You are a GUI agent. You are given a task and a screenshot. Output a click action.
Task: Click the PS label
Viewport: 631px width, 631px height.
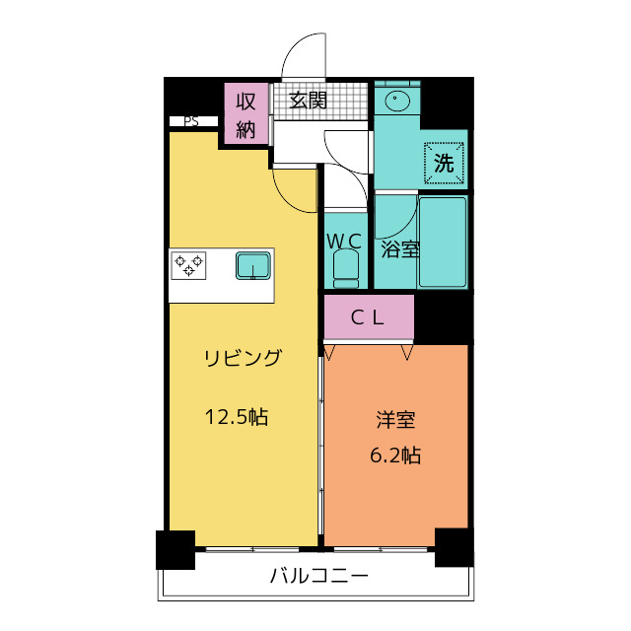click(x=191, y=121)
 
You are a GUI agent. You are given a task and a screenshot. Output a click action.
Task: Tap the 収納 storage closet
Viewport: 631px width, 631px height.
click(x=246, y=113)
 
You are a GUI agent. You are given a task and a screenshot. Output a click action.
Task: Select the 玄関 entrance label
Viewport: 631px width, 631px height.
click(x=308, y=100)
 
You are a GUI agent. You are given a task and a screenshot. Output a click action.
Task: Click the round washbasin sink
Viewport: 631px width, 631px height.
click(x=397, y=99)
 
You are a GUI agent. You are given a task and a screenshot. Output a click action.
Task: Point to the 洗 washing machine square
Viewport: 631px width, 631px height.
click(x=444, y=163)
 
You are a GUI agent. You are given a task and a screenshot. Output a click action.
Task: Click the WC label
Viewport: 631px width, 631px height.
click(x=344, y=242)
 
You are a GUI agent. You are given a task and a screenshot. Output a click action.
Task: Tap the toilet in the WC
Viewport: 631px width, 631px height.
click(x=346, y=269)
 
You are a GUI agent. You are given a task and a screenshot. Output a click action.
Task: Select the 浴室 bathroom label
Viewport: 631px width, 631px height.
click(x=400, y=249)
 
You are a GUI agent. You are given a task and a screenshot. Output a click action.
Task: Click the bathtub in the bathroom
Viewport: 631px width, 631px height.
click(x=443, y=242)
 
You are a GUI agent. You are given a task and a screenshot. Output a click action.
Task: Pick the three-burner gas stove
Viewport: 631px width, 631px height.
click(x=188, y=265)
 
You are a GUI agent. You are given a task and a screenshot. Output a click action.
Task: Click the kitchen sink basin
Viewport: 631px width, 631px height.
click(x=253, y=265)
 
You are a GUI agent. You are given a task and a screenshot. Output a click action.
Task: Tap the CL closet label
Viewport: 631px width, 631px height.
click(x=368, y=317)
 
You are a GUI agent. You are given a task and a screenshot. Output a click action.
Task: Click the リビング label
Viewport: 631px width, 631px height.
click(x=244, y=358)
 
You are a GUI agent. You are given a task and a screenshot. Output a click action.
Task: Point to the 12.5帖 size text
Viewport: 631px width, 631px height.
click(x=237, y=416)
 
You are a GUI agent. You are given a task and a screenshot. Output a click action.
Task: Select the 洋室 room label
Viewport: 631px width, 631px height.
click(x=395, y=419)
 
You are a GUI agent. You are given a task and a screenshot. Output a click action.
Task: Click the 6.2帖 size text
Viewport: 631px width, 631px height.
click(x=395, y=456)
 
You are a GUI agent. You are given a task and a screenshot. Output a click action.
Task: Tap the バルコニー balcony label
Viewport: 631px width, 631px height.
click(x=319, y=576)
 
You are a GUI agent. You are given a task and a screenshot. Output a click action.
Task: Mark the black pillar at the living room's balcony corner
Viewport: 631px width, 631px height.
click(x=175, y=550)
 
